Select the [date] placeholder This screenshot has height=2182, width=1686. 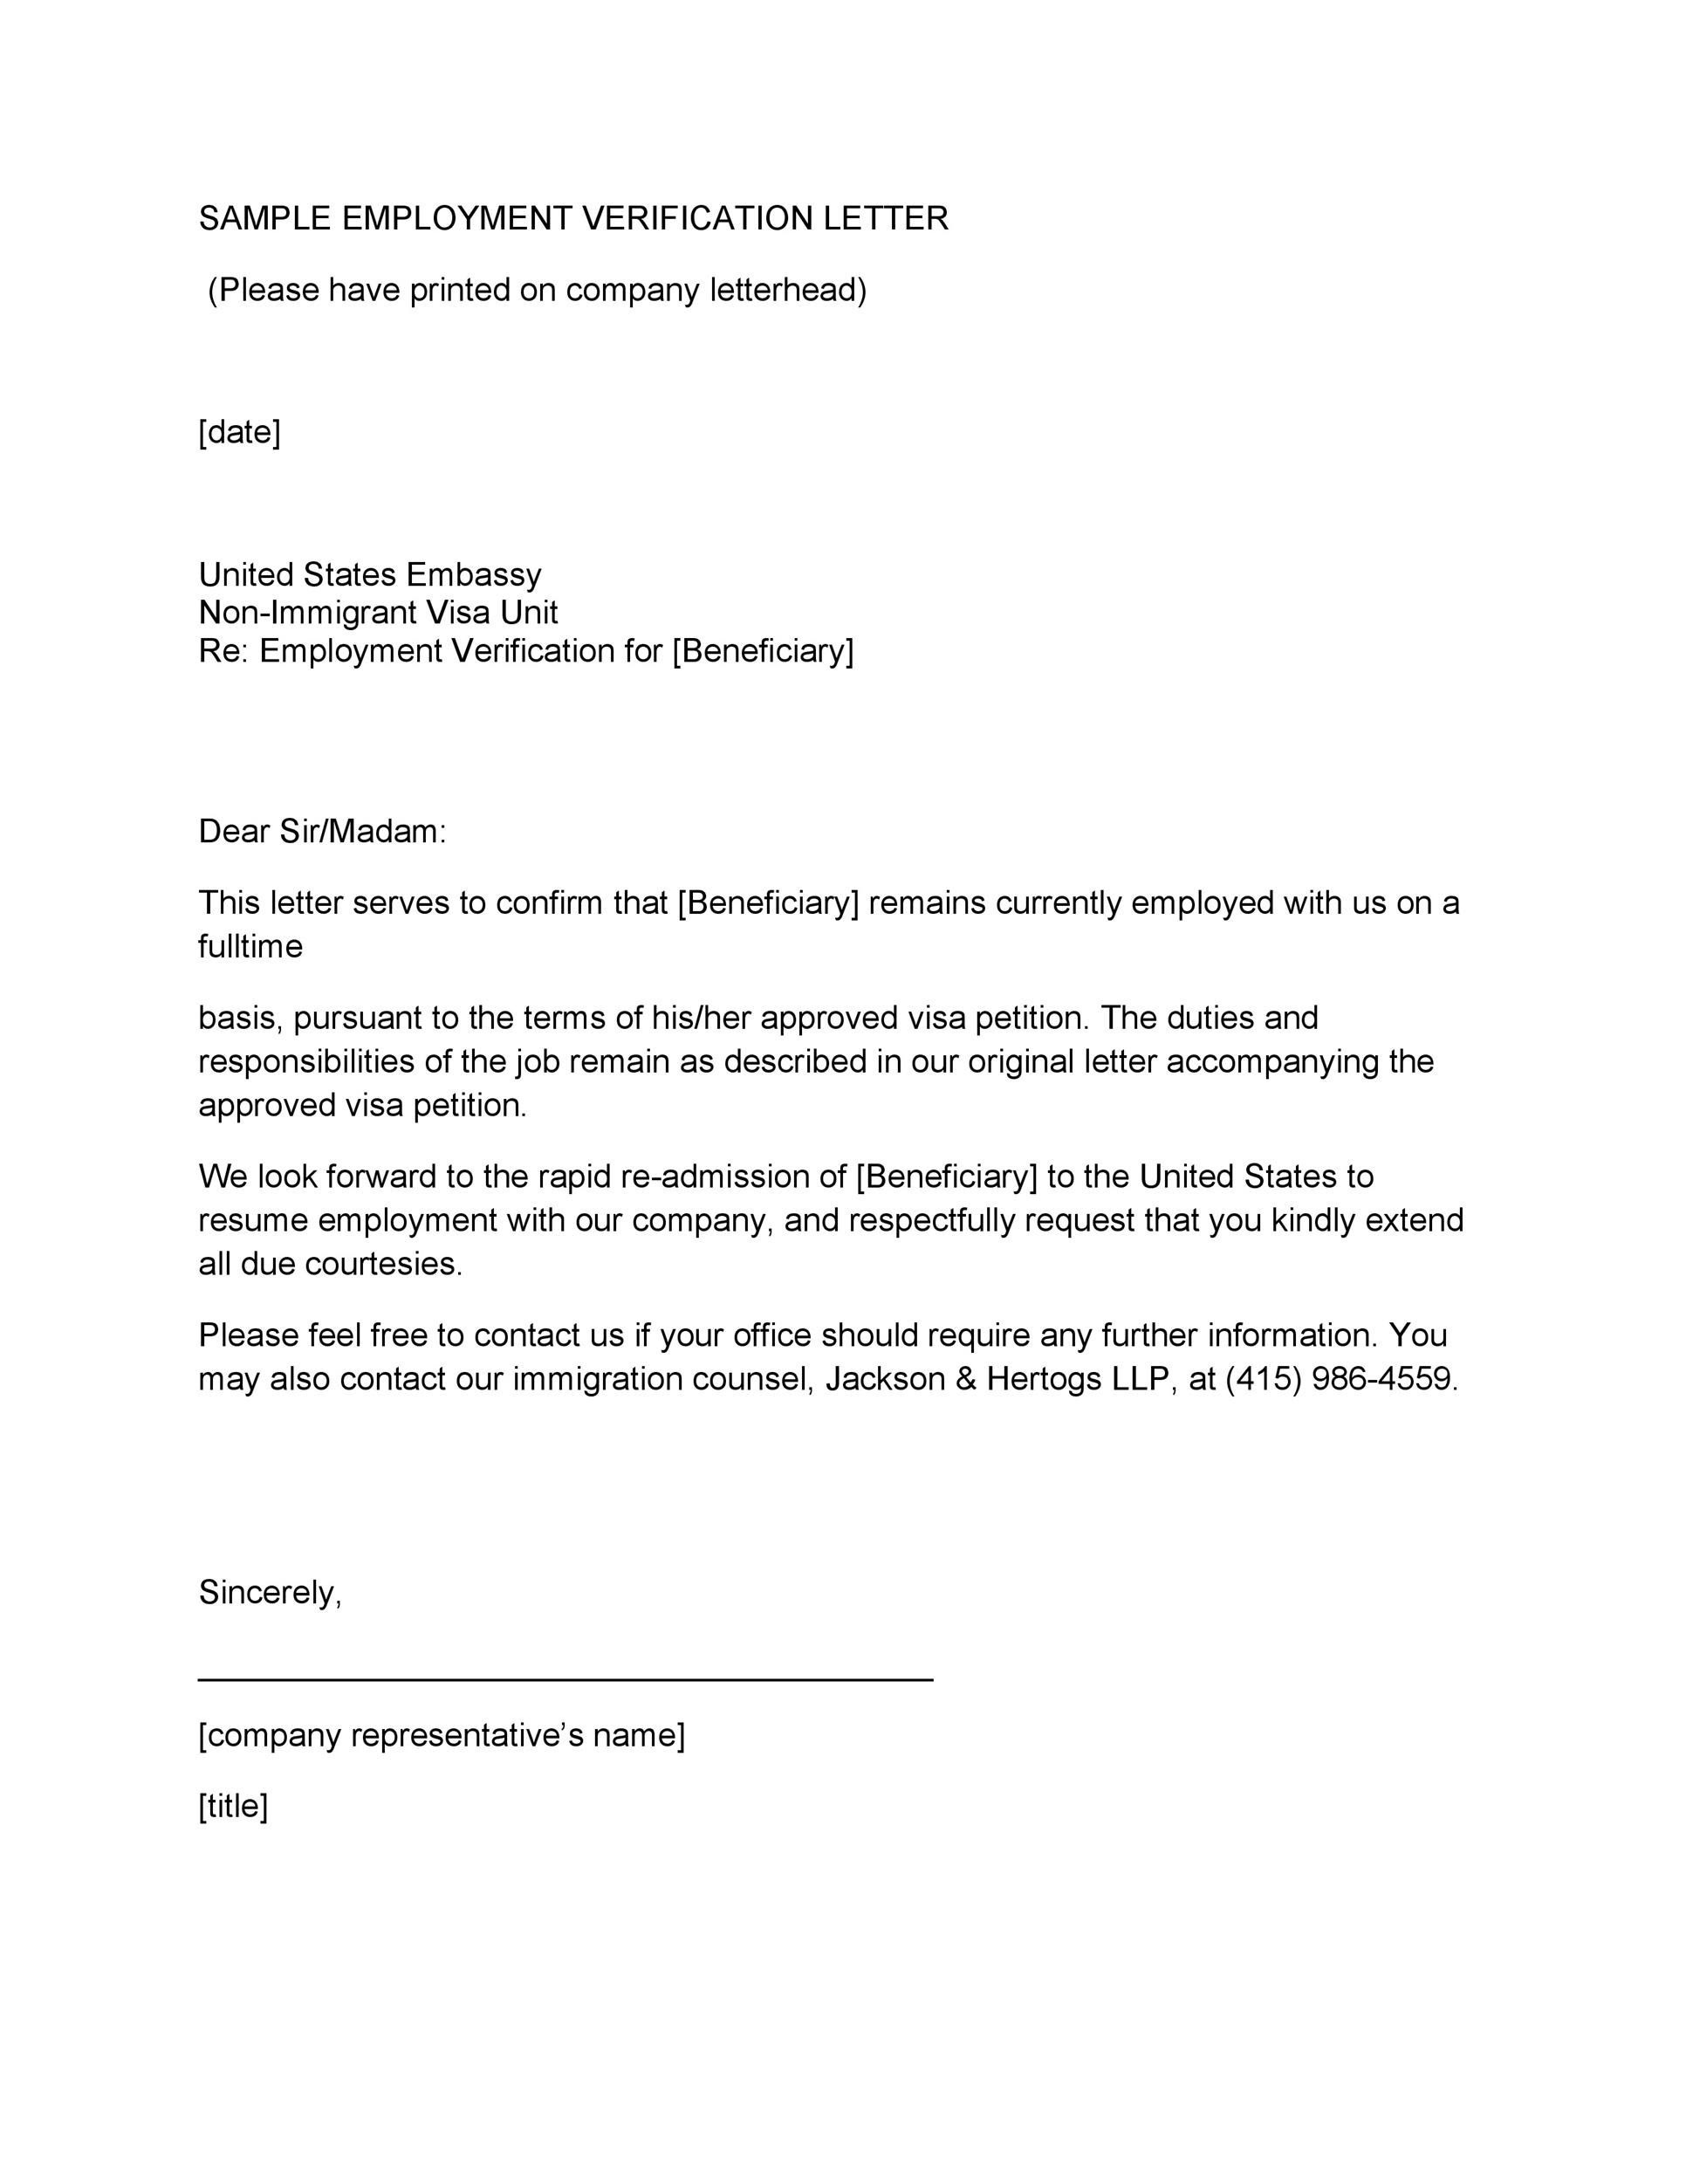[240, 433]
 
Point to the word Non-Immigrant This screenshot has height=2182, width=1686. [306, 613]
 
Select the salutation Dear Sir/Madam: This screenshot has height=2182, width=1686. [322, 831]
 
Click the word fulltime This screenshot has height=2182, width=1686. [250, 946]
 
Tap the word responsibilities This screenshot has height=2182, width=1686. [306, 1061]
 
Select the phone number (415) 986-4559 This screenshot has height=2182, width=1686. [1341, 1379]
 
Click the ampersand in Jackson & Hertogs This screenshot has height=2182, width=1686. [966, 1379]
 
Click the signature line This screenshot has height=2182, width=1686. [565, 1680]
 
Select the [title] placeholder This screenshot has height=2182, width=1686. [233, 1807]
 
